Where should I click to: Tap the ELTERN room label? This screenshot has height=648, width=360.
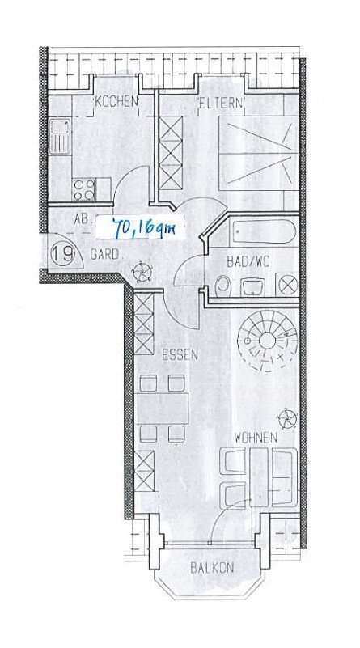(222, 103)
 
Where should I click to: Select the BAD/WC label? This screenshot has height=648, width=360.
(247, 260)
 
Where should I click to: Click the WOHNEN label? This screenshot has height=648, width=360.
(256, 437)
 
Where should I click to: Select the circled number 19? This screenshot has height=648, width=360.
(64, 253)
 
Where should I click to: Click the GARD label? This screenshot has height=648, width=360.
(106, 254)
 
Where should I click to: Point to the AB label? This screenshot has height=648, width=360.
(81, 218)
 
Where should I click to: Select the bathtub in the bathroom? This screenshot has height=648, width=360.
(258, 235)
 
